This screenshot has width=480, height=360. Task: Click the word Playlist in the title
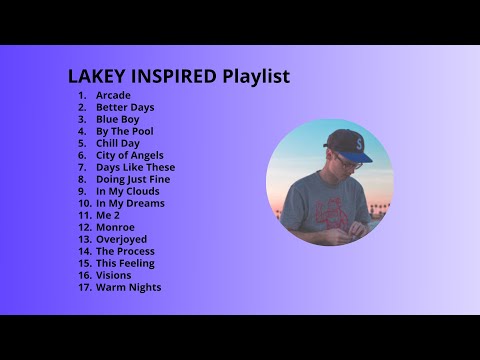coord(256,76)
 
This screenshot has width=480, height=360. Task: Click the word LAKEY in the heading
coord(95,76)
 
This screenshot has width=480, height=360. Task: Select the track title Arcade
coord(113,95)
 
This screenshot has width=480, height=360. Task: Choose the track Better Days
coord(125,107)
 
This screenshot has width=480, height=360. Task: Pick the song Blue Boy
coord(117,119)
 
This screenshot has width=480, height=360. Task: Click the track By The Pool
coord(124,131)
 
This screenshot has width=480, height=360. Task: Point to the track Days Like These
coord(135,167)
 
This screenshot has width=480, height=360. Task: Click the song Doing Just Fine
coord(133,179)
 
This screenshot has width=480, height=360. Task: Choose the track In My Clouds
coord(127,191)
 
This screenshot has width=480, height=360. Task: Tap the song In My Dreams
coord(130,203)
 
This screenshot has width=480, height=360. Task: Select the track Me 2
coord(108,215)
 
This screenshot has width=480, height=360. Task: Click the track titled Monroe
coord(115,227)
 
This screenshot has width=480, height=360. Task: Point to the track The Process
coord(125,251)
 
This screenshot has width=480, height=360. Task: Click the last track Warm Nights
coord(128,287)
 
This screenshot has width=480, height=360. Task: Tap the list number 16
coord(83,275)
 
